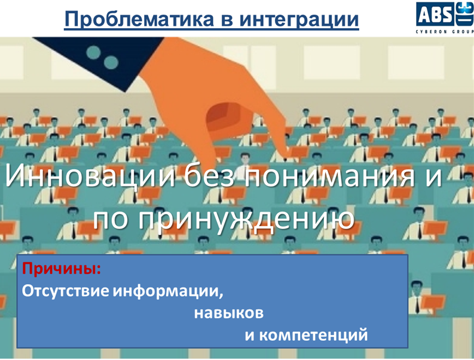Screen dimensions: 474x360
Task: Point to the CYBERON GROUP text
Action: pyautogui.click(x=445, y=32)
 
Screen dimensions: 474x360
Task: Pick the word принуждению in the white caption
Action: pyautogui.click(x=246, y=219)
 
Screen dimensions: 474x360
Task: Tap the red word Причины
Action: pyautogui.click(x=62, y=269)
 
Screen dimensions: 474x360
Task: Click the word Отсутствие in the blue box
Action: pyautogui.click(x=65, y=291)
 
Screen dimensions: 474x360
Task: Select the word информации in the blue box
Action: pyautogui.click(x=169, y=292)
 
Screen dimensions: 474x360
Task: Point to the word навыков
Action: pyautogui.click(x=229, y=313)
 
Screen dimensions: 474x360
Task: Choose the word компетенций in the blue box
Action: pyautogui.click(x=313, y=335)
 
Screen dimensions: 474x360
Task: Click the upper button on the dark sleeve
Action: pyautogui.click(x=93, y=53)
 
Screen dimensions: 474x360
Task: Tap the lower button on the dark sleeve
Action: pyautogui.click(x=111, y=62)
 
